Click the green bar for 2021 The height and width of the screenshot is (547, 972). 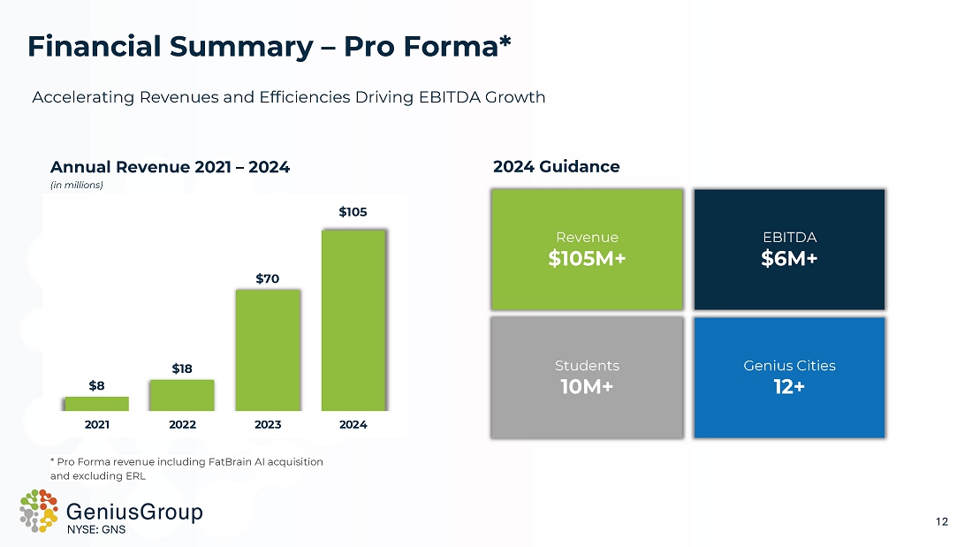coord(96,404)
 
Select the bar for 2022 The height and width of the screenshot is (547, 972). coord(182,395)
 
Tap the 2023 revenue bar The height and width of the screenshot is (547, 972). coord(268,350)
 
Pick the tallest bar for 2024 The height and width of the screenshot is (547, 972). coord(353,320)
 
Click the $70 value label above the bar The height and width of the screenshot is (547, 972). coord(268,278)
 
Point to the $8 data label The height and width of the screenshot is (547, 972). coord(96,385)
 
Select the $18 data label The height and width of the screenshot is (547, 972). coord(182,368)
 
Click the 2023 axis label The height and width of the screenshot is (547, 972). coord(268,424)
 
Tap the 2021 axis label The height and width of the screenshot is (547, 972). coord(96,424)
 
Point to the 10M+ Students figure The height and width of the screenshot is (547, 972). coord(587,386)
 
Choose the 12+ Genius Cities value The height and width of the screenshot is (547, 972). coord(789,386)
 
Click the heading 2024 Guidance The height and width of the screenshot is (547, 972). coord(556,166)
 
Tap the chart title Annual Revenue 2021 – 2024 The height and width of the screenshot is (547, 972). coord(170,166)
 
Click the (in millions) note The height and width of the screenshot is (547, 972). coord(77,185)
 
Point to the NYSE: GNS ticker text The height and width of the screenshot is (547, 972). coord(97,530)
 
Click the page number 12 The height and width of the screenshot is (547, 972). coord(941,521)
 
